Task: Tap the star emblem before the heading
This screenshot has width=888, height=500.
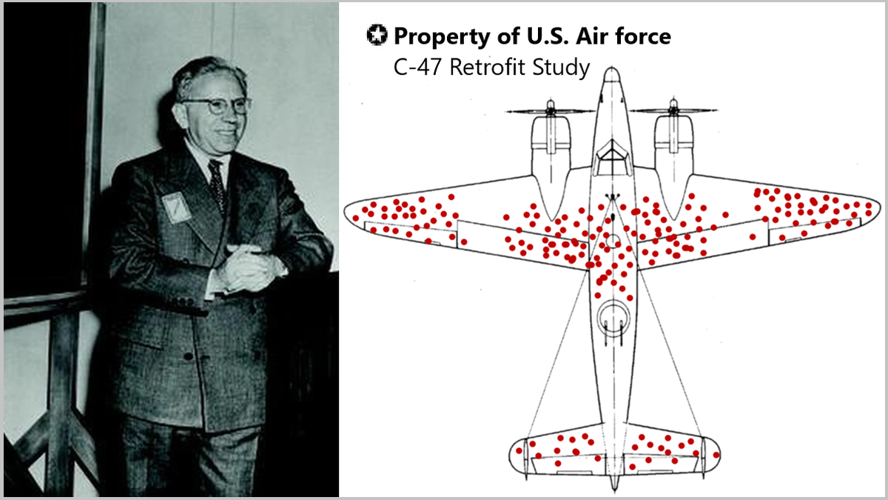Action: (x=376, y=35)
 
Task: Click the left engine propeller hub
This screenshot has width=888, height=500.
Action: (x=550, y=111)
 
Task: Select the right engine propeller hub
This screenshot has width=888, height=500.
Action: (x=673, y=111)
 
